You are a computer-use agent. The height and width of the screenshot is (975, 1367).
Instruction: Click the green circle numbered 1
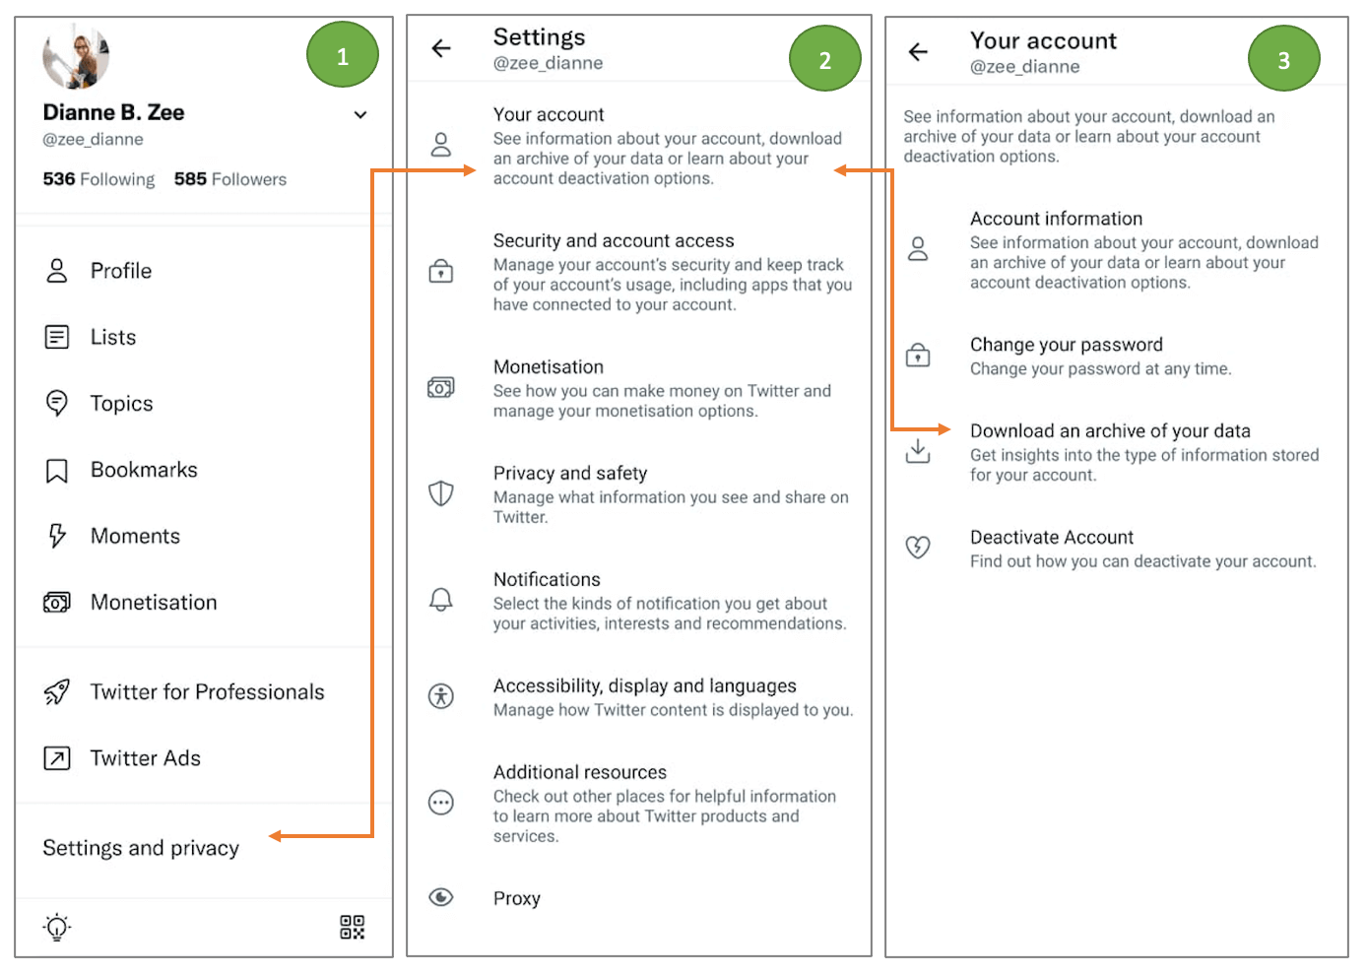pos(342,56)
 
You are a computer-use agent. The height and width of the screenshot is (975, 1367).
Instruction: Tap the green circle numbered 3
pos(1282,60)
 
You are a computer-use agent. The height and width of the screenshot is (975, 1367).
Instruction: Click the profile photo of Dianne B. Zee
pos(76,57)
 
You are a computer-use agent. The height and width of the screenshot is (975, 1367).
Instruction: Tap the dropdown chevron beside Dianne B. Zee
pos(360,115)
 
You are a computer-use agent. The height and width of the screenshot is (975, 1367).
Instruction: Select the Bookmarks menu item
pos(144,470)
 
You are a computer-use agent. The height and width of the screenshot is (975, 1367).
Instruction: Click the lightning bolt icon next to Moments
pos(57,536)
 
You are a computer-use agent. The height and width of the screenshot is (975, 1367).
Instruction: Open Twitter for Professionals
pos(207,692)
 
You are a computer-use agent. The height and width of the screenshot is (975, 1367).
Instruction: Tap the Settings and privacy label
pos(141,848)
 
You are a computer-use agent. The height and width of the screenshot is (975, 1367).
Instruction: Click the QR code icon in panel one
pos(352,927)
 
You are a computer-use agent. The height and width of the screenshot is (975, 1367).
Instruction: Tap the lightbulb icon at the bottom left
pos(57,927)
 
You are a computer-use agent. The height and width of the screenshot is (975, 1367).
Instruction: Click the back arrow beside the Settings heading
pos(441,48)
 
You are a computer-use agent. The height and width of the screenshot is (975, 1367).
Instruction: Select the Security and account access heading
pos(613,240)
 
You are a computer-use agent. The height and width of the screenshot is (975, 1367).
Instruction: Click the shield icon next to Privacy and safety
pos(441,493)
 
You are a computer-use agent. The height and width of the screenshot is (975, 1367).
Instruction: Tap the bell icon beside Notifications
pos(441,600)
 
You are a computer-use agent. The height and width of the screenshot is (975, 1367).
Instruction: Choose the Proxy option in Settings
pos(517,898)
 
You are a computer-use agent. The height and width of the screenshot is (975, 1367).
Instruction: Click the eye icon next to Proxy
pos(441,897)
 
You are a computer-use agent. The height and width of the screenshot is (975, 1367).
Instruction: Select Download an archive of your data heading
pos(1110,430)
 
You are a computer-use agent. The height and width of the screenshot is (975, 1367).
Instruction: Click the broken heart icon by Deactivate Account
pos(918,547)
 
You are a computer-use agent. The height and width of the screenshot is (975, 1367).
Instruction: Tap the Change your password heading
pos(1066,345)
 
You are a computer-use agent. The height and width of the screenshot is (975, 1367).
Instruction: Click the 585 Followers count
pos(229,179)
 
